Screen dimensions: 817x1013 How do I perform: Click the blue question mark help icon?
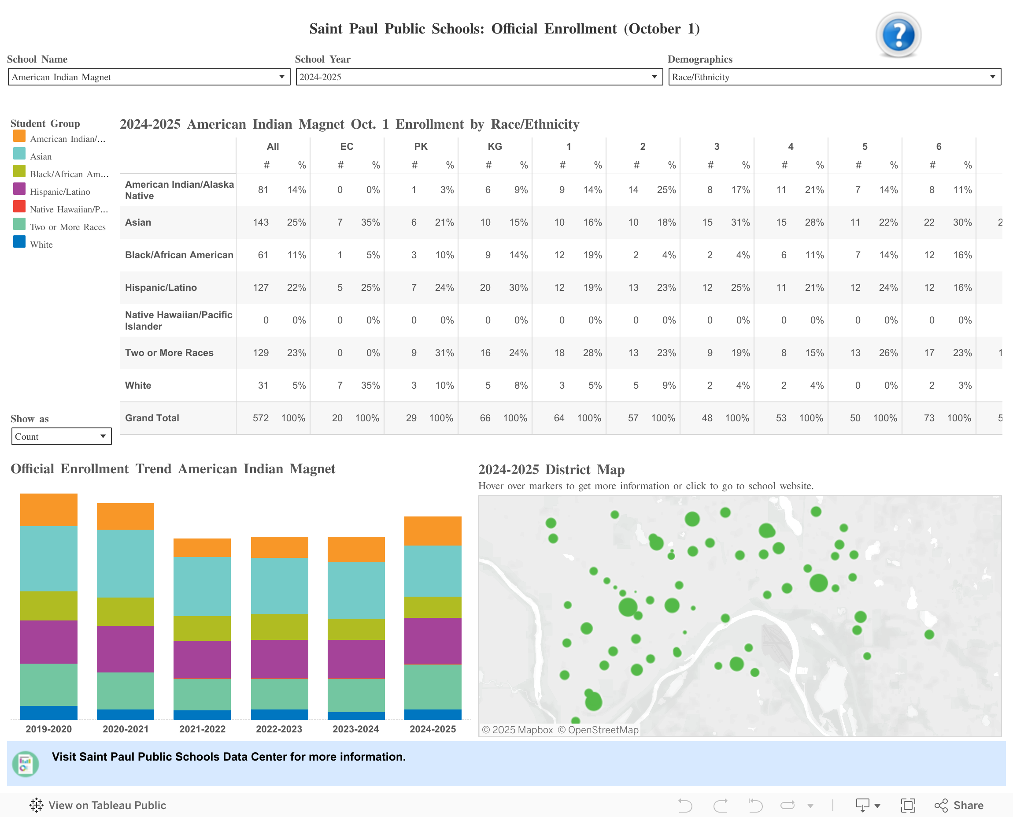[x=898, y=35]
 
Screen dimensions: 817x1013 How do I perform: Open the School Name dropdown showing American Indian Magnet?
[x=148, y=77]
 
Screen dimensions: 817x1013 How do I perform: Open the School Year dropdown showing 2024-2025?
[x=478, y=77]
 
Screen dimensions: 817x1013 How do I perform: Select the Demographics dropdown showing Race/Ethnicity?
[x=834, y=77]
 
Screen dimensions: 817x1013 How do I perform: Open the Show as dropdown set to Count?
[x=61, y=436]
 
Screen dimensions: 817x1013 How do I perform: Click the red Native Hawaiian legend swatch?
[x=19, y=207]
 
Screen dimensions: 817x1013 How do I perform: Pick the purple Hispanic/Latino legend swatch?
[x=19, y=189]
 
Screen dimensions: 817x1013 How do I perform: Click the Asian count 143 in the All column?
[x=261, y=222]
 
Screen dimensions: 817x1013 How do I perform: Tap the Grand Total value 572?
[x=261, y=418]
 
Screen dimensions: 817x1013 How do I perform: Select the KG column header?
[x=494, y=146]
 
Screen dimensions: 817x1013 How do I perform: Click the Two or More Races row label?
[x=169, y=353]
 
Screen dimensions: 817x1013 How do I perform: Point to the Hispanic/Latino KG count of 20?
[x=485, y=288]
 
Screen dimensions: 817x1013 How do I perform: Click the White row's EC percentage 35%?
[x=370, y=386]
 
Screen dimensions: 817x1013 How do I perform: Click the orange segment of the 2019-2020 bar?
[x=48, y=510]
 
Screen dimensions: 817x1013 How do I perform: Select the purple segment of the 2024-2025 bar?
[x=432, y=641]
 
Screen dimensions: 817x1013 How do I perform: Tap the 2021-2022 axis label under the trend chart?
[x=202, y=729]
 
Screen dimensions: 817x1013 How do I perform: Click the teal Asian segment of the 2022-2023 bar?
[x=279, y=586]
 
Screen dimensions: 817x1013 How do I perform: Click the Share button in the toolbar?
[x=959, y=805]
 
